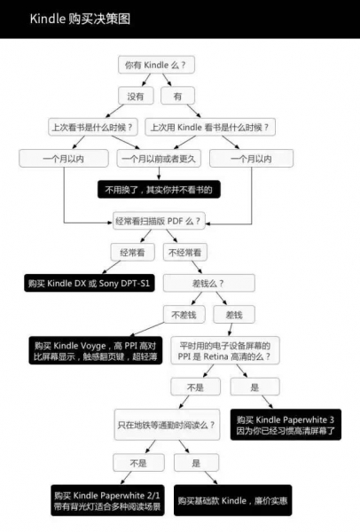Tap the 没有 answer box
point(135,95)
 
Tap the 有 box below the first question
point(178,95)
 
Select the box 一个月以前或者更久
point(160,159)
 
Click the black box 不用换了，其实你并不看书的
point(160,189)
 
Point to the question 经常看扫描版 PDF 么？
point(159,219)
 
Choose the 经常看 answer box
point(132,252)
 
